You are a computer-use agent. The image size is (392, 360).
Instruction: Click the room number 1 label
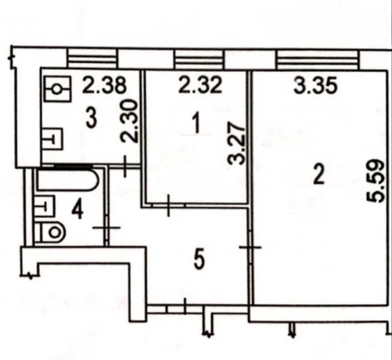click(x=197, y=123)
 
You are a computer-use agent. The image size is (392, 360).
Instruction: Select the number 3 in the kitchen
click(x=91, y=118)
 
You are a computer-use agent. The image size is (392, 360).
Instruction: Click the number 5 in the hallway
click(x=199, y=260)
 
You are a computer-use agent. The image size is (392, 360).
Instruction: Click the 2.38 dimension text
click(x=105, y=85)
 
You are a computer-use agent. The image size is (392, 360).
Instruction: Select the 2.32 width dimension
click(x=200, y=85)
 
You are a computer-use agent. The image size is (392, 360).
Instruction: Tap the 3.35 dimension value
click(x=316, y=86)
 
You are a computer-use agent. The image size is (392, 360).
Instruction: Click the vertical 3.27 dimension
click(x=236, y=143)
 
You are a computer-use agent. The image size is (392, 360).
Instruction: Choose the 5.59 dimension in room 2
click(x=375, y=181)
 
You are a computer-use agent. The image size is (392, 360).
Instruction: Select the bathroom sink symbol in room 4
click(x=44, y=206)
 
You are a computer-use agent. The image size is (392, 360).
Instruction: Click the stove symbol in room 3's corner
click(x=57, y=89)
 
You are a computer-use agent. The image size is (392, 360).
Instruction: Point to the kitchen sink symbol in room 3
click(x=52, y=139)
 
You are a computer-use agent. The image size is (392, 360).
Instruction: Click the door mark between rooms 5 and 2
click(x=250, y=247)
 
